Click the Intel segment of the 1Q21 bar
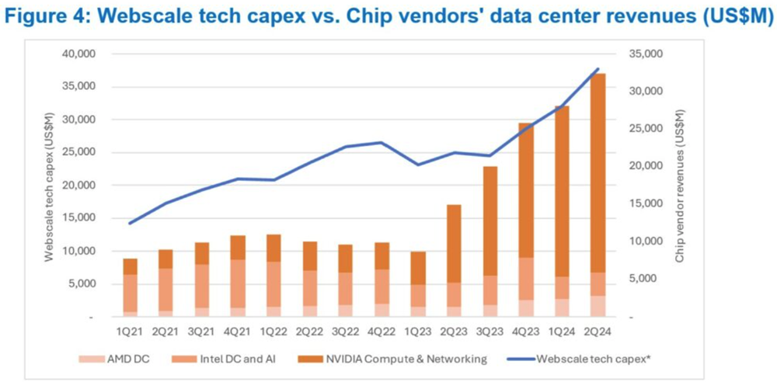(x=131, y=293)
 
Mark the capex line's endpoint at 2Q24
(x=597, y=69)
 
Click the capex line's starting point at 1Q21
(x=131, y=224)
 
